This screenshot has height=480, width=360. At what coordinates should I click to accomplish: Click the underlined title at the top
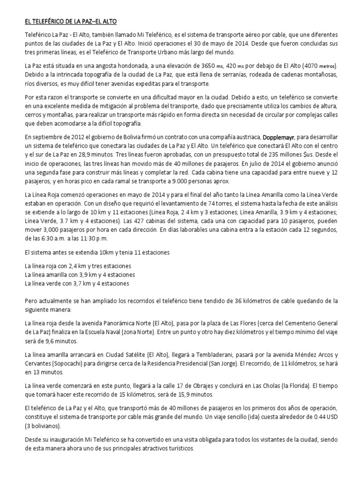pyautogui.click(x=71, y=22)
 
